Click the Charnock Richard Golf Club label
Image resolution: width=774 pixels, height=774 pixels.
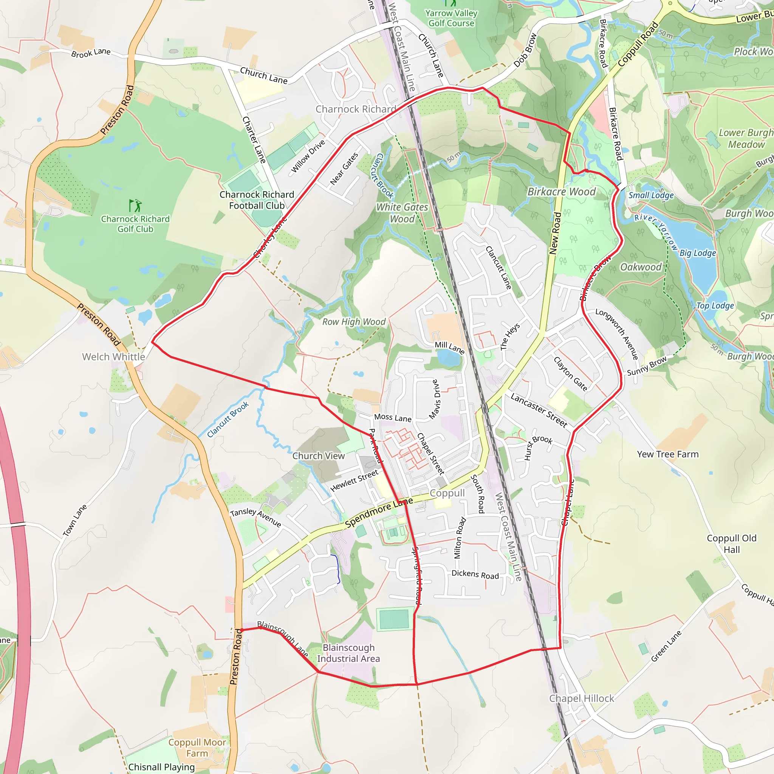tap(135, 224)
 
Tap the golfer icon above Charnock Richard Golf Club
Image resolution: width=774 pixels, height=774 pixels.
tap(135, 206)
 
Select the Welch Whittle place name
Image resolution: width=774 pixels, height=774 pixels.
tap(113, 356)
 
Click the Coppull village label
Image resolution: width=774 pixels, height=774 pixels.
tap(447, 493)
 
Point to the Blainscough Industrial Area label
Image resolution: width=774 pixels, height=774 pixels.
tap(348, 653)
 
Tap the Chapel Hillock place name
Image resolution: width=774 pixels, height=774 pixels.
tap(581, 698)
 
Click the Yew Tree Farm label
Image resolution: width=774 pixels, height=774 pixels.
tap(667, 454)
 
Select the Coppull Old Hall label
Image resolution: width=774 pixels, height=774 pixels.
tap(732, 543)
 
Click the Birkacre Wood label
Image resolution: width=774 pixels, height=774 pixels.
tap(561, 192)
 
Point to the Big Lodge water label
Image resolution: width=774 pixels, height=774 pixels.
tap(698, 253)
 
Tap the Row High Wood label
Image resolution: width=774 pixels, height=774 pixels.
tap(354, 322)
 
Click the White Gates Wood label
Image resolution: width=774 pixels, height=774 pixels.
tap(402, 213)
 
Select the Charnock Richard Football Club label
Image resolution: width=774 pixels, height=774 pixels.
tap(257, 200)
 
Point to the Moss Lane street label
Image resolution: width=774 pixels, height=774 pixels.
tap(393, 418)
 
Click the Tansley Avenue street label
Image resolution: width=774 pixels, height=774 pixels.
tap(255, 518)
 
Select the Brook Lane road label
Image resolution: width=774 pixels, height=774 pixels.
tap(91, 53)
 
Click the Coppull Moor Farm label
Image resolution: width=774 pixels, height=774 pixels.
tap(197, 748)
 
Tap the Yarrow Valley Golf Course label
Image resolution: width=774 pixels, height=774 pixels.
tap(451, 19)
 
